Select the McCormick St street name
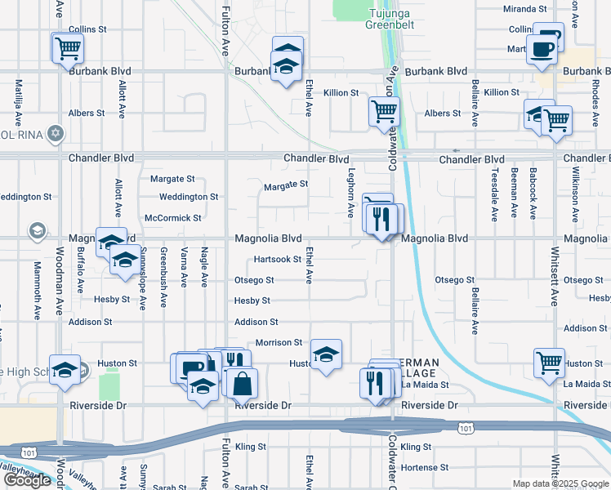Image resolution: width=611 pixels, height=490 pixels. pos(172,218)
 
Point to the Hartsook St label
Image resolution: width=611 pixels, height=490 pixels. pos(278,259)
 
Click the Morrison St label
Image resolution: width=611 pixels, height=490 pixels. pos(279,343)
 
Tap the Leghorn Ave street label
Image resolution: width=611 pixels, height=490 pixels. pos(350,194)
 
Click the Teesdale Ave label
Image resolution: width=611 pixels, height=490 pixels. pos(494,195)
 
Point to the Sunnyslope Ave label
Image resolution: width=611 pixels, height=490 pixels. pos(142,278)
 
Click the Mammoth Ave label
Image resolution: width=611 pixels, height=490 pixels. pos(38,290)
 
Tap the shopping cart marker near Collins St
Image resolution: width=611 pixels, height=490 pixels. pos(68,47)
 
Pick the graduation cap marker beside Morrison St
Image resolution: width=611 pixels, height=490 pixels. pos(326,354)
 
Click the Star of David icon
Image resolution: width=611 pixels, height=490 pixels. pos(56,132)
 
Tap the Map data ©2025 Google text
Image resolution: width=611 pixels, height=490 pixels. pos(560,483)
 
